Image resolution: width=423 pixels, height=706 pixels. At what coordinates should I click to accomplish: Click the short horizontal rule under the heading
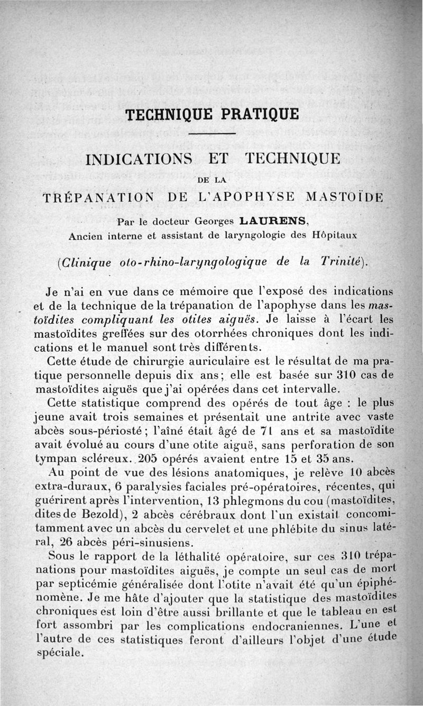point(211,133)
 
